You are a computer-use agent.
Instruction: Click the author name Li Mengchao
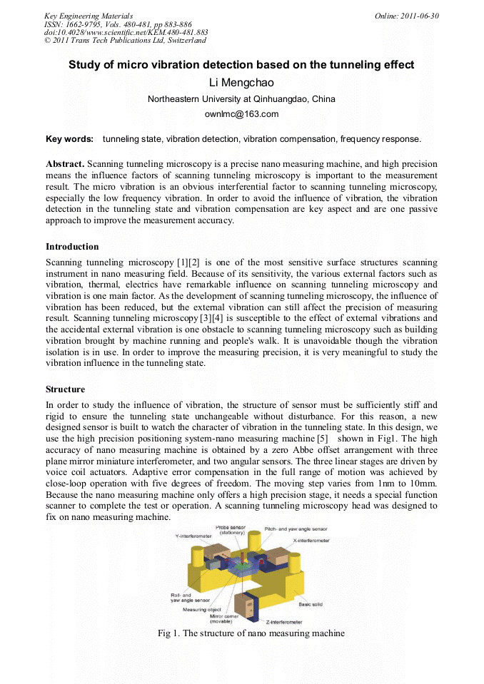(241, 83)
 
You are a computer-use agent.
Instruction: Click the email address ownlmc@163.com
(241, 114)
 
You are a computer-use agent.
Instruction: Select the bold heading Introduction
(72, 247)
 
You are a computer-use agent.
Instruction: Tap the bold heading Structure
(65, 389)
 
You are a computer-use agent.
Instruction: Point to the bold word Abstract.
(65, 163)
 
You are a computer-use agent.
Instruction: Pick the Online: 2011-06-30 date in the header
(407, 16)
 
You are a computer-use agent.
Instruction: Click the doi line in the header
(126, 32)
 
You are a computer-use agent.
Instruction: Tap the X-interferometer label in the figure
(311, 541)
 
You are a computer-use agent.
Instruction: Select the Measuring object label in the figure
(202, 610)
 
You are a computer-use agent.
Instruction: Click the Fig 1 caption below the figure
(251, 633)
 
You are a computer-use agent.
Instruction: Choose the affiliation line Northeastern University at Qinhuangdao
(241, 99)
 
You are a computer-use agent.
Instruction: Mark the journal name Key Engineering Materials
(89, 16)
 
